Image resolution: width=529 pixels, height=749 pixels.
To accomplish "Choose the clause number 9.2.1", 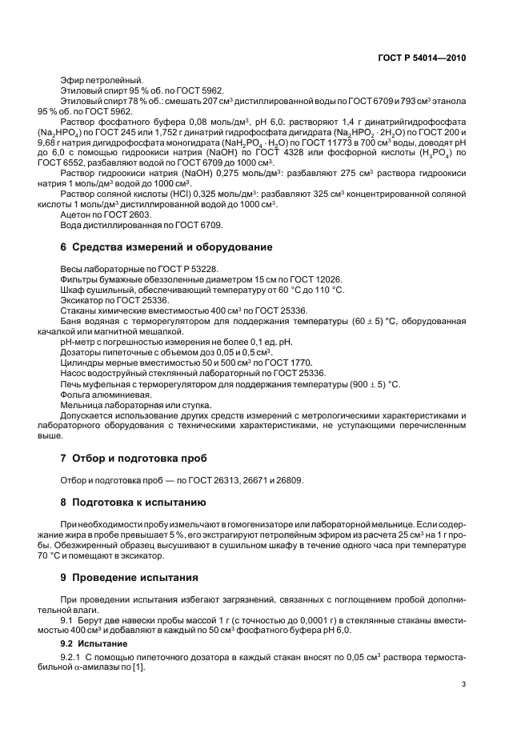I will coord(72,657).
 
